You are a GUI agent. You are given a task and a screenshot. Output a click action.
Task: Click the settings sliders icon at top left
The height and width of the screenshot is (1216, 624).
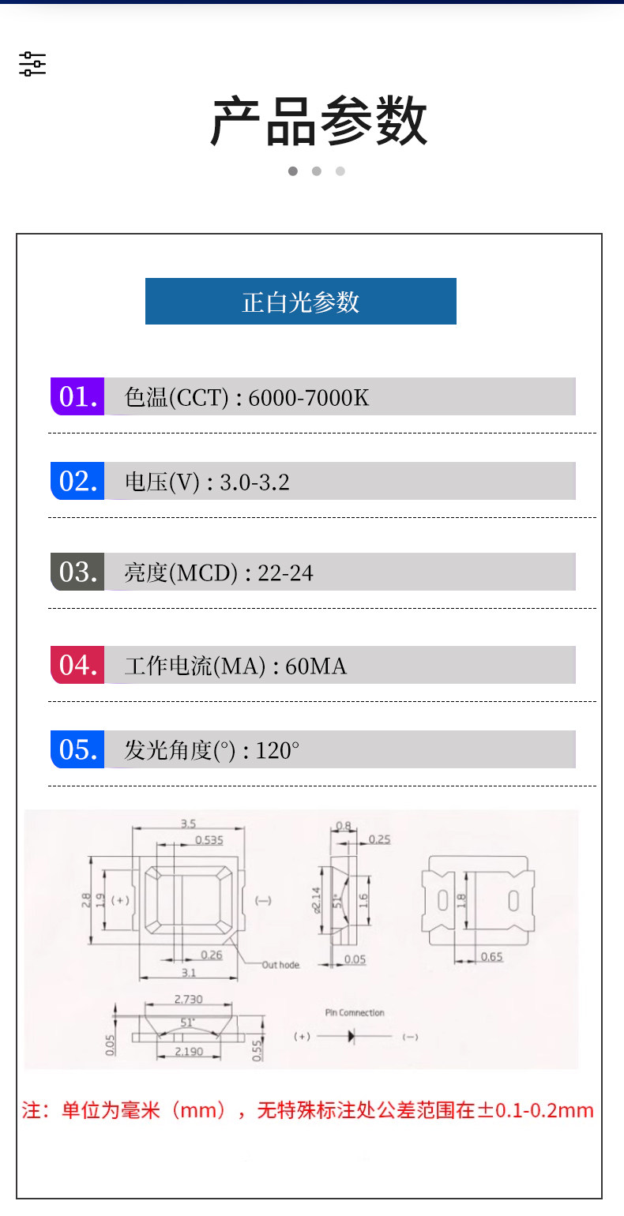[x=32, y=64]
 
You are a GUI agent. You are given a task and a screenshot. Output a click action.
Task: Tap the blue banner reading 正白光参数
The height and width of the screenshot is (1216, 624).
[x=301, y=301]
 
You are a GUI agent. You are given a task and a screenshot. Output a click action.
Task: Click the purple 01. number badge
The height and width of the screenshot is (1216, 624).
[x=77, y=396]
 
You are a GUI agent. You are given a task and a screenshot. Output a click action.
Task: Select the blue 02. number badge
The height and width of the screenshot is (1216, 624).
[x=77, y=481]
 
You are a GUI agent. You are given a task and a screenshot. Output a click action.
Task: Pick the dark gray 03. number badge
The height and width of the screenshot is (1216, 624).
[x=77, y=572]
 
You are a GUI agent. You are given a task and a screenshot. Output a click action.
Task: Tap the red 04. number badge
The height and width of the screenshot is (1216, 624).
[x=77, y=665]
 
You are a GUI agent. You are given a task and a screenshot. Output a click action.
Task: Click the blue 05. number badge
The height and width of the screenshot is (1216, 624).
[x=77, y=749]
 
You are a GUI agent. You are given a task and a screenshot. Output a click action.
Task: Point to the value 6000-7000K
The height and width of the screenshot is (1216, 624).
[x=309, y=397]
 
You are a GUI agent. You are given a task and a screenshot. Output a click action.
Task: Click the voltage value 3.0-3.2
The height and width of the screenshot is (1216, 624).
[x=254, y=482]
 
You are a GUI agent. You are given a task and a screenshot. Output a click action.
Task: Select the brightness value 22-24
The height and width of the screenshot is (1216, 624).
[x=285, y=572]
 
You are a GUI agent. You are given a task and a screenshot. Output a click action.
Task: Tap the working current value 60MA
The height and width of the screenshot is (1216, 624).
[x=316, y=666]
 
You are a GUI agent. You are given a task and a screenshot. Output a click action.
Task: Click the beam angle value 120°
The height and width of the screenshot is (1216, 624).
[x=277, y=750]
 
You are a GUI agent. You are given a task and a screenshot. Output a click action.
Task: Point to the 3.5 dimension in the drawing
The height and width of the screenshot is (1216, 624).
[x=188, y=824]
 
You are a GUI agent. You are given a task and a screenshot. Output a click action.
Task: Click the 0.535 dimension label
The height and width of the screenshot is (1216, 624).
[x=209, y=840]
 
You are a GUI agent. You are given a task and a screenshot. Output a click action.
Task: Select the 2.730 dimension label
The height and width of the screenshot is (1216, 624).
[x=188, y=1000]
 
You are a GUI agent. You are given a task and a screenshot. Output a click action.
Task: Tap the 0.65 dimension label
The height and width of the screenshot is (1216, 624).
[x=491, y=957]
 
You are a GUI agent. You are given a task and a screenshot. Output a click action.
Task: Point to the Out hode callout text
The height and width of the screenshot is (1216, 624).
[x=281, y=965]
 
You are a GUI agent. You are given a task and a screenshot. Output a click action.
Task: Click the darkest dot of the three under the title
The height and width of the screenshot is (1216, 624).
[x=293, y=171]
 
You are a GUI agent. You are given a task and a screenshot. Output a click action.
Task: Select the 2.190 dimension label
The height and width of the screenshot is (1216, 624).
[x=189, y=1052]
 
